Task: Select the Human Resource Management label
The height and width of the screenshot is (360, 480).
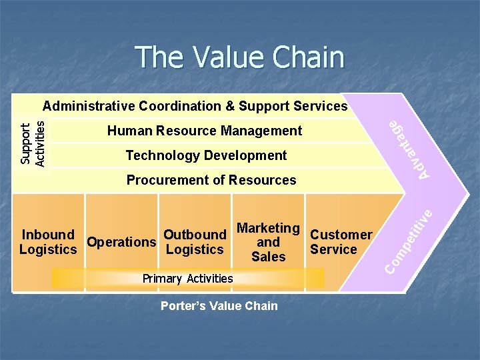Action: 205,131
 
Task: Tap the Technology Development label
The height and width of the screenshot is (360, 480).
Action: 206,155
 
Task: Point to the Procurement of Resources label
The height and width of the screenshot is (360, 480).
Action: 211,180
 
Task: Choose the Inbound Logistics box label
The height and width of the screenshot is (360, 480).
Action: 48,242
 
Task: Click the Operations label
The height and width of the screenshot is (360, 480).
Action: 121,242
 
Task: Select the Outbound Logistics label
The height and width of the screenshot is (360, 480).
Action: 195,242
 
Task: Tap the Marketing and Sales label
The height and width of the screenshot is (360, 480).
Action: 268,242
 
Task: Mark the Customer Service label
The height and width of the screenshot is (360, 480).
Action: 341,242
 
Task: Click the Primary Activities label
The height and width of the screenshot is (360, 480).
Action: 188,278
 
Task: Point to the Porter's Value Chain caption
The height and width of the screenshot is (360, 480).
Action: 219,306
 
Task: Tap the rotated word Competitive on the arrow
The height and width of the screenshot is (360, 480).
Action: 410,243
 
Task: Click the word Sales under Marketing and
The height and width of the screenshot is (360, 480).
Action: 269,257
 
